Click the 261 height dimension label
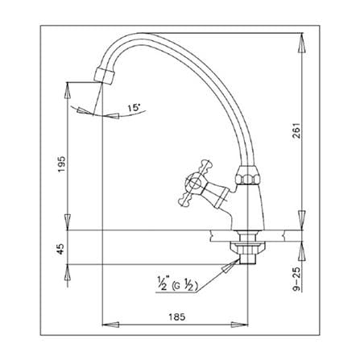point(296,130)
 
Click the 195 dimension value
point(62,164)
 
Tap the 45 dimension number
point(61,249)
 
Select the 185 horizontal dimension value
point(177,317)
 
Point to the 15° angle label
point(134,108)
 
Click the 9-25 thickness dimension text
point(296,279)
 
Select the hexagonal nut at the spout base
point(247,176)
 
